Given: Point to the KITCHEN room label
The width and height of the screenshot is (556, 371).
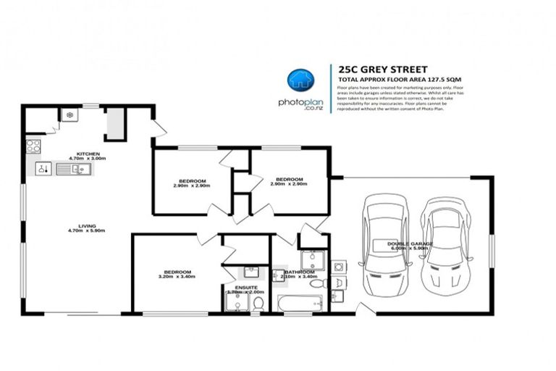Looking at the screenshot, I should coord(88,154).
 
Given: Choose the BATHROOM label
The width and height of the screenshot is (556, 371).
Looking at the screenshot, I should coord(299,272).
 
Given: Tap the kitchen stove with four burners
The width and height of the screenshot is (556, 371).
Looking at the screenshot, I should coord(33,146).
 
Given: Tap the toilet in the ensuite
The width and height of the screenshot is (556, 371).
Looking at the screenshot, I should coord(258,303).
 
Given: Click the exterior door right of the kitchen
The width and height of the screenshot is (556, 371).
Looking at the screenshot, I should coord(160,128).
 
